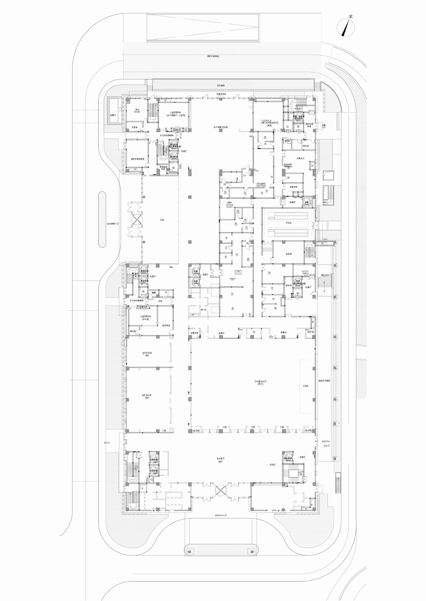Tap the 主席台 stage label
[306, 386]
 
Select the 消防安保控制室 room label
[137, 159]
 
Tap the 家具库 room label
[289, 254]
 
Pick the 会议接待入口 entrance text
[112, 223]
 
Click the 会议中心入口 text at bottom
[221, 516]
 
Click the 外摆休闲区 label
[221, 94]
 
